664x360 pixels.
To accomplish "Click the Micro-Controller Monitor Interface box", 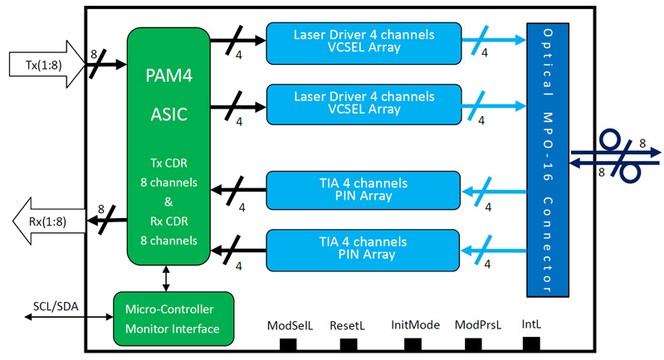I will click(173, 320).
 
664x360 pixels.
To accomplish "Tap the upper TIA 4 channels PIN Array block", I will click(363, 190).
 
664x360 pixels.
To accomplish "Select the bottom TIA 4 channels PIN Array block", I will click(363, 248).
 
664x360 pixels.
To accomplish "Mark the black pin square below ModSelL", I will click(290, 343).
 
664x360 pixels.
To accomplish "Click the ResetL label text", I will click(348, 325).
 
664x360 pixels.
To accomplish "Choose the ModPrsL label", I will click(477, 325).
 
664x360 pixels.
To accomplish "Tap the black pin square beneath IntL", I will click(532, 343).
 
